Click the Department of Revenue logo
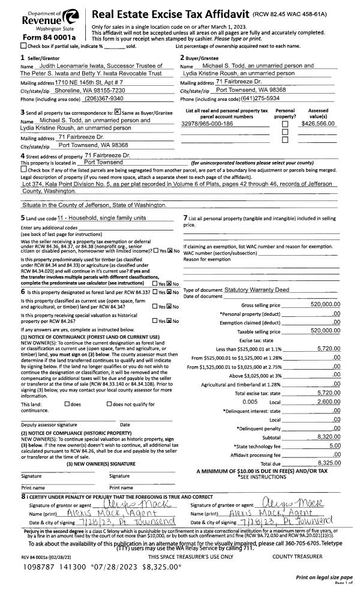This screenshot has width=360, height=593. [45, 19]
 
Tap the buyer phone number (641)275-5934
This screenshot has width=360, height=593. [262, 98]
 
